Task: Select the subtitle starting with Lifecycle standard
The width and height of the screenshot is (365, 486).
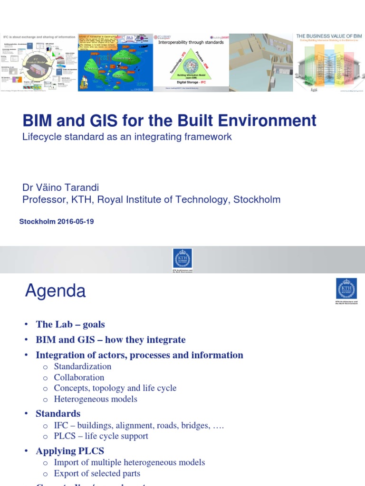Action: pos(127,137)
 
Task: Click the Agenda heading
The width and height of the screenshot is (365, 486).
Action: pos(55,290)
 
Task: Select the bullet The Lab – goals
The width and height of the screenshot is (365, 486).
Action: pos(70,325)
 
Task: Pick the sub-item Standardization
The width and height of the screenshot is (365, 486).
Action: pos(83,366)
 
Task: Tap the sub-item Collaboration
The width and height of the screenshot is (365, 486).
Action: pos(79,377)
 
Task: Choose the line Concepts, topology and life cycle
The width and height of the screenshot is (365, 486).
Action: pos(115,388)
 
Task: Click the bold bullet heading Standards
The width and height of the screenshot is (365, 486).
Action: pos(58,413)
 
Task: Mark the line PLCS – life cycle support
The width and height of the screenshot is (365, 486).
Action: pos(101,436)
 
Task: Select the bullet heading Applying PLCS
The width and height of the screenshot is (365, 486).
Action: pos(70,451)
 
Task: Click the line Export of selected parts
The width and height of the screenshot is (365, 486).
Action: pos(97,473)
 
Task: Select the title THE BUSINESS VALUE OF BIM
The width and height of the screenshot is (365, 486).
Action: pos(329,36)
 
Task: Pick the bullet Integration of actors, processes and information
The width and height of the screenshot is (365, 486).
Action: pos(139,355)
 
